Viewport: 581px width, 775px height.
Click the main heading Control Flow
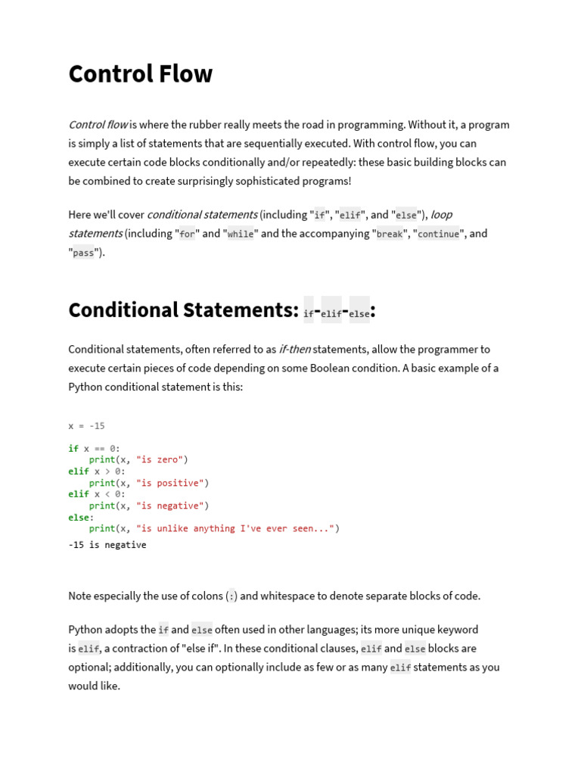[141, 74]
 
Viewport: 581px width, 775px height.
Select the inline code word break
[390, 235]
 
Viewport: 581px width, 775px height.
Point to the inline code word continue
[438, 235]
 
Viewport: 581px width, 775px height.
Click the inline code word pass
[83, 254]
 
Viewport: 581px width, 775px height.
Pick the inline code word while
[241, 235]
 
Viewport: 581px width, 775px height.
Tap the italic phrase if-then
[295, 350]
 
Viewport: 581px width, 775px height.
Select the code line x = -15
[86, 426]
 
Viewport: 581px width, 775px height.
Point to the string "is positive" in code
[169, 483]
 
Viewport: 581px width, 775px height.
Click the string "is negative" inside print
[169, 506]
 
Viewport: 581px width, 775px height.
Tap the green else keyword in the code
[79, 518]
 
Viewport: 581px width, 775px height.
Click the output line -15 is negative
[107, 545]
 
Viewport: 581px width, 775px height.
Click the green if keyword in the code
[73, 449]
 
